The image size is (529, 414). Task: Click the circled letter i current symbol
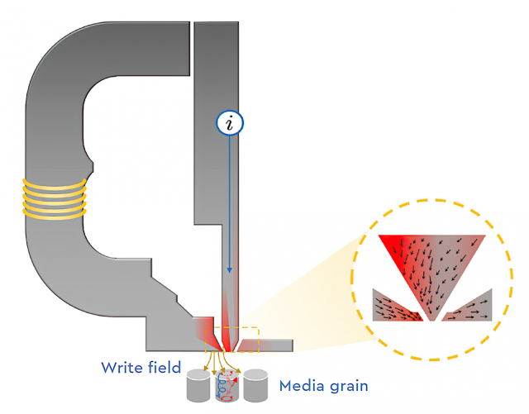click(230, 123)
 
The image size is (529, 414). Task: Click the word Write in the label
click(122, 367)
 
